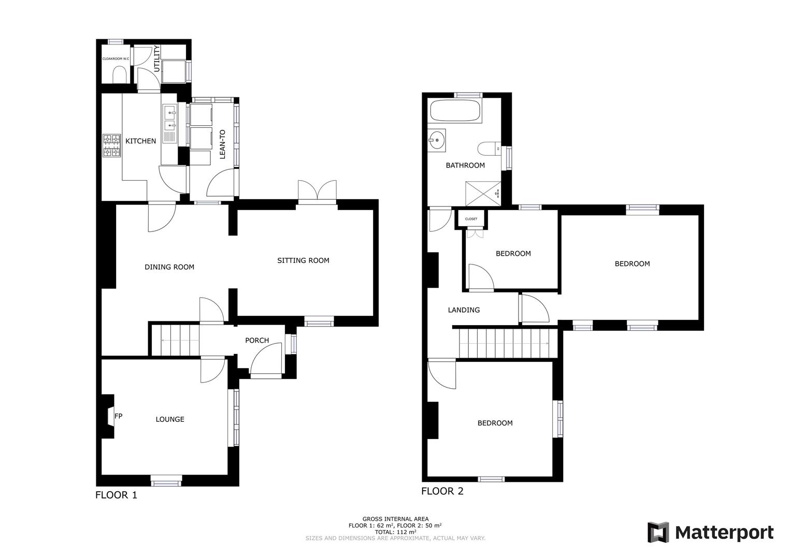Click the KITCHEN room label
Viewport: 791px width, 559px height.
140,141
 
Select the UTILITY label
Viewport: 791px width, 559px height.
157,58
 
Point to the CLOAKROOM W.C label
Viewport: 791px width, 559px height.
115,59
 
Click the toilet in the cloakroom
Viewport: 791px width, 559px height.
119,77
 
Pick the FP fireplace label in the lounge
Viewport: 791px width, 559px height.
118,416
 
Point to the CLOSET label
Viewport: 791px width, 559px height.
471,219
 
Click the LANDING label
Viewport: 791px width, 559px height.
464,310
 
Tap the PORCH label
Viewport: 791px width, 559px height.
257,340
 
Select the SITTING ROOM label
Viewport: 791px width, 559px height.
303,260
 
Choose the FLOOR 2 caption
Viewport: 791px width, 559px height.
442,491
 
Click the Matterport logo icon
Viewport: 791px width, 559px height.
658,533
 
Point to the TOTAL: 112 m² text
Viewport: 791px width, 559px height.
395,532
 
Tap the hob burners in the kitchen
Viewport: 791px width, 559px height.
111,145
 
